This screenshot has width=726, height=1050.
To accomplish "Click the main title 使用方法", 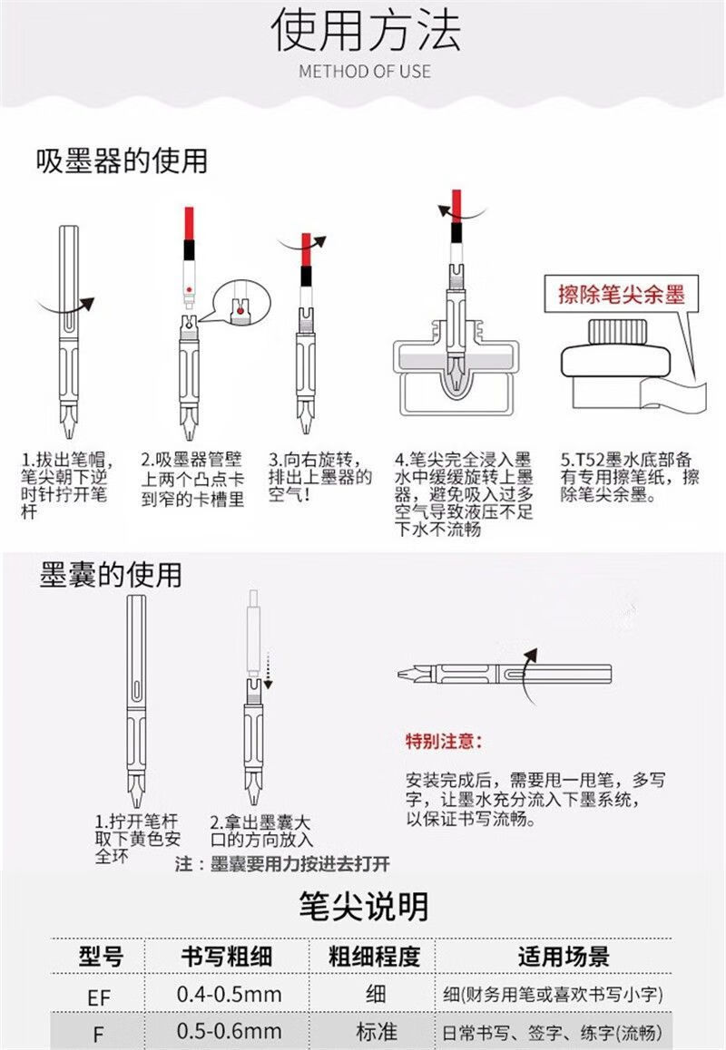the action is [x=366, y=29].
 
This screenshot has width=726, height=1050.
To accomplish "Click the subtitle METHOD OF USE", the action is [x=365, y=71].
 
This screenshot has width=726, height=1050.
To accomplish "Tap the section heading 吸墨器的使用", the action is [x=122, y=160].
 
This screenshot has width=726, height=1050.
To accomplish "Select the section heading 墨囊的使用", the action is [x=110, y=575].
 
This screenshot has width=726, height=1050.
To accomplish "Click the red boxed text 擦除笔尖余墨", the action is [x=622, y=294].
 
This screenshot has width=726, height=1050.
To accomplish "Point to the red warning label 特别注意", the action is [x=444, y=741].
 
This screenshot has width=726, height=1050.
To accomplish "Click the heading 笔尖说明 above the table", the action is [x=363, y=906].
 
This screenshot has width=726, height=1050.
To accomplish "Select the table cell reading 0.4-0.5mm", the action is [x=230, y=994].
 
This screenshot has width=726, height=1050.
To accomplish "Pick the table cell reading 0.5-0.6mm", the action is [x=230, y=1031].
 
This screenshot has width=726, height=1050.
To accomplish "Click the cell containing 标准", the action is [x=376, y=1031].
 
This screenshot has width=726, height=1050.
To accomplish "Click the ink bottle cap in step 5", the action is [x=616, y=332].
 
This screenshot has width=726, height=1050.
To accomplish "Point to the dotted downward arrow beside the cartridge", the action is [x=268, y=670].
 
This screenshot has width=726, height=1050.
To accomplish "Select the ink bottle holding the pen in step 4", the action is [x=456, y=367].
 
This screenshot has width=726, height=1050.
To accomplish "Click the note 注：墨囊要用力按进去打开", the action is [x=282, y=864].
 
